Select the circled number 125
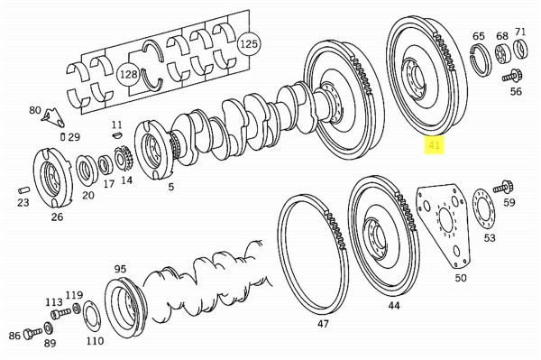click(x=248, y=42)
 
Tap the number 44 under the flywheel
click(x=394, y=306)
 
